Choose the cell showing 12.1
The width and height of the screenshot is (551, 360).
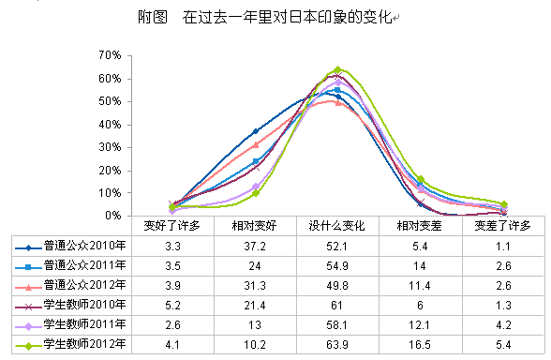coord(420,324)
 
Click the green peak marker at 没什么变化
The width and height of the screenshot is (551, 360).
coord(337,70)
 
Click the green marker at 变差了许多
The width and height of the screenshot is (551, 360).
coord(503,203)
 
